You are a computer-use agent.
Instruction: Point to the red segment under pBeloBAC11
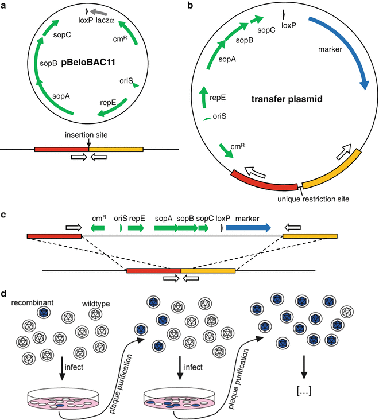point(61,149)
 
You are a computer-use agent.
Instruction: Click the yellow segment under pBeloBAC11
point(116,149)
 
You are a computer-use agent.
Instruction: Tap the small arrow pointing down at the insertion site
point(89,142)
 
